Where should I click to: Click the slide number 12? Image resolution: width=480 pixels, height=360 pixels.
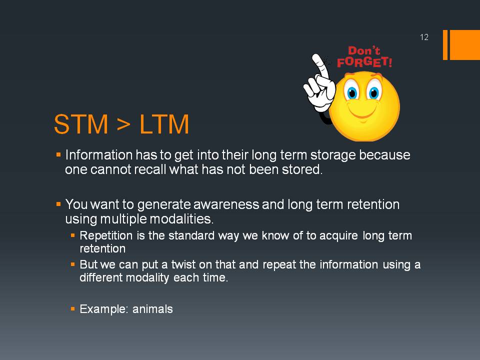pyautogui.click(x=424, y=37)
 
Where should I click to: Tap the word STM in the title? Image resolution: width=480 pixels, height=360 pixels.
pyautogui.click(x=81, y=124)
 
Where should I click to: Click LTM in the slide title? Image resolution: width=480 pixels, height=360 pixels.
pyautogui.click(x=164, y=124)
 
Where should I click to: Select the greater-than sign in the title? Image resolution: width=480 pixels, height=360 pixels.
pyautogui.click(x=123, y=124)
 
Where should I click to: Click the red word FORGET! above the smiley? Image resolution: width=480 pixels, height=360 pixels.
pyautogui.click(x=364, y=62)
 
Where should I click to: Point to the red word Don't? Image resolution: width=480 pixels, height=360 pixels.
pyautogui.click(x=364, y=50)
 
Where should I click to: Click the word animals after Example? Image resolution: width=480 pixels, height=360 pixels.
pyautogui.click(x=152, y=309)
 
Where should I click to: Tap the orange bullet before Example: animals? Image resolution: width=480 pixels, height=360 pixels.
pyautogui.click(x=72, y=309)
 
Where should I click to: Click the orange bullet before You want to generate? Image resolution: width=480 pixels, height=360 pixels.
pyautogui.click(x=58, y=204)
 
